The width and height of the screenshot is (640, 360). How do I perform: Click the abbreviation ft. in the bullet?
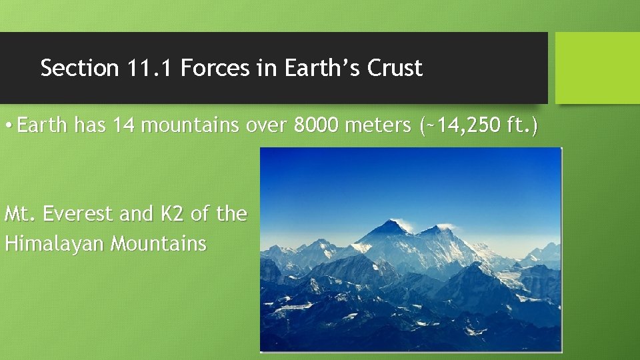(521, 125)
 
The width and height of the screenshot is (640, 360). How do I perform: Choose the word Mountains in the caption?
(159, 243)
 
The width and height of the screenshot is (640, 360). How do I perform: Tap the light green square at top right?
(597, 68)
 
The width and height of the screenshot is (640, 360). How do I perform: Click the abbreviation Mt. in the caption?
(19, 214)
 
